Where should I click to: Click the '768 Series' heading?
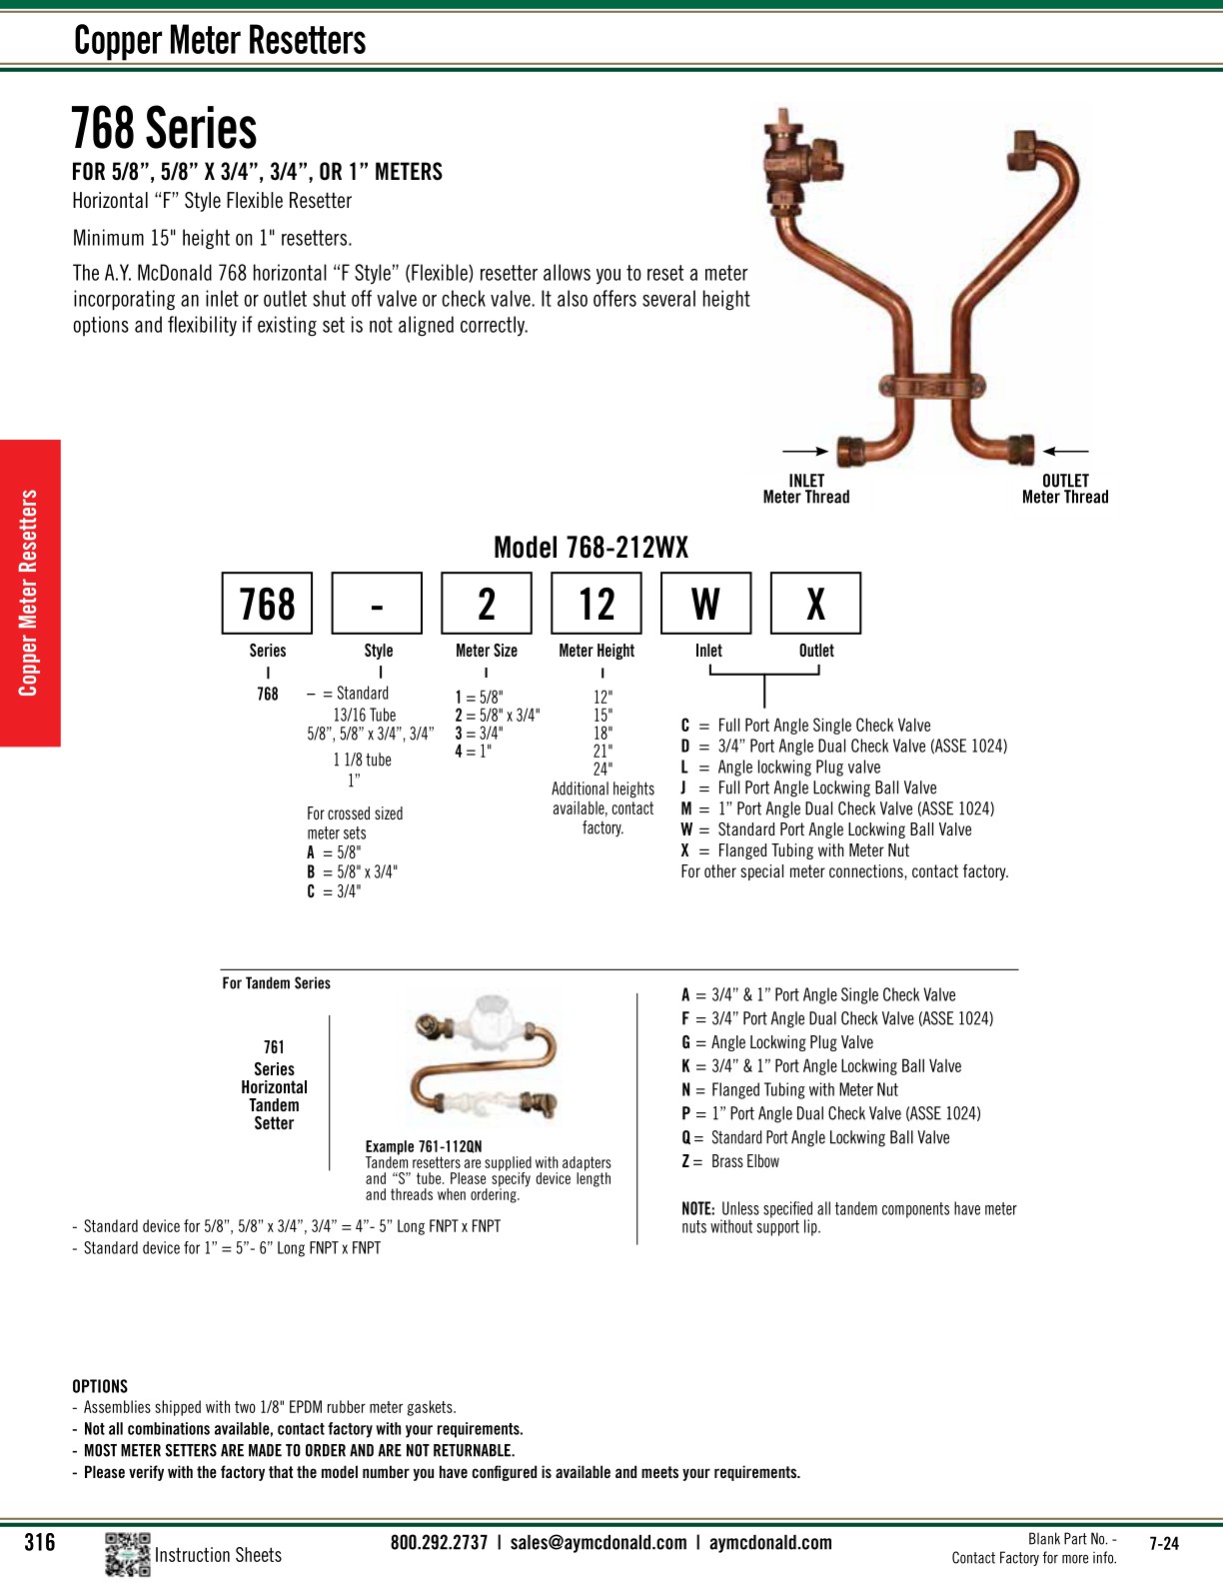point(164,129)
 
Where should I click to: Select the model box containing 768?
point(267,604)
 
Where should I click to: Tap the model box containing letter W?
point(705,604)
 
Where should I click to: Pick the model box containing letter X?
point(815,604)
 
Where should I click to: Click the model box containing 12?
point(597,604)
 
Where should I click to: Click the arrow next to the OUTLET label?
point(1065,452)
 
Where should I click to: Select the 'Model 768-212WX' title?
point(591,548)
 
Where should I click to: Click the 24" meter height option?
point(603,770)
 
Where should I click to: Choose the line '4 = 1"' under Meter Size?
point(474,752)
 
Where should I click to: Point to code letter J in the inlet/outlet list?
point(684,788)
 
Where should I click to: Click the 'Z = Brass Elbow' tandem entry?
point(730,1161)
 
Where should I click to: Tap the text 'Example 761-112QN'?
point(424,1146)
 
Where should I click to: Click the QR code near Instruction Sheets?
point(127,1554)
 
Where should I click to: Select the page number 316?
point(40,1542)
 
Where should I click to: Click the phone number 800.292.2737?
point(439,1542)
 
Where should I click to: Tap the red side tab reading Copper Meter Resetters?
point(30,593)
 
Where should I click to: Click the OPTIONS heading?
point(100,1386)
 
